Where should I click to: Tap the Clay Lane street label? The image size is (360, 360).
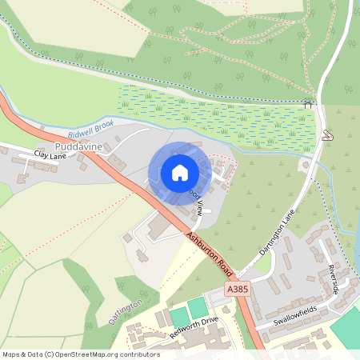click(50, 155)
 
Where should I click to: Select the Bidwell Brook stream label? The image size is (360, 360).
click(92, 127)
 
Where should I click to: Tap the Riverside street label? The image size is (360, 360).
click(332, 279)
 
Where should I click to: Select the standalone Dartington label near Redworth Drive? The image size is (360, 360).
click(126, 312)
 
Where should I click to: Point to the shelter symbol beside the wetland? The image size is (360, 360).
click(308, 103)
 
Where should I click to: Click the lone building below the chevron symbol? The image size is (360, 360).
click(305, 165)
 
